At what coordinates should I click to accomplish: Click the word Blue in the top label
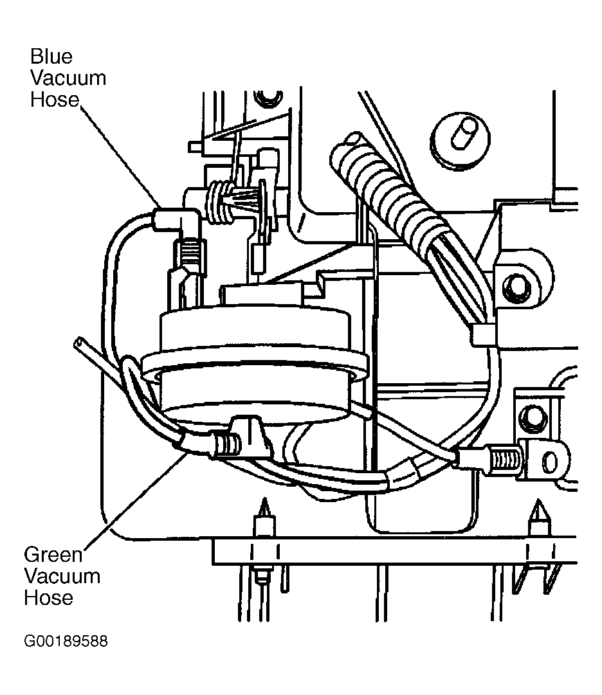coord(51,57)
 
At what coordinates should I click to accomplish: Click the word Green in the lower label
coord(53,554)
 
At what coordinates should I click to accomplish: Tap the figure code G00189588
coord(66,641)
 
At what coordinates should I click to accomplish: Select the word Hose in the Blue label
coord(55,100)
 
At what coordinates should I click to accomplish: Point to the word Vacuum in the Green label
coord(62,576)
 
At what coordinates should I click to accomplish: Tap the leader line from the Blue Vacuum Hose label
coord(120,155)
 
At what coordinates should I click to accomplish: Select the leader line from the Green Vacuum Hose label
coord(136,500)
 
